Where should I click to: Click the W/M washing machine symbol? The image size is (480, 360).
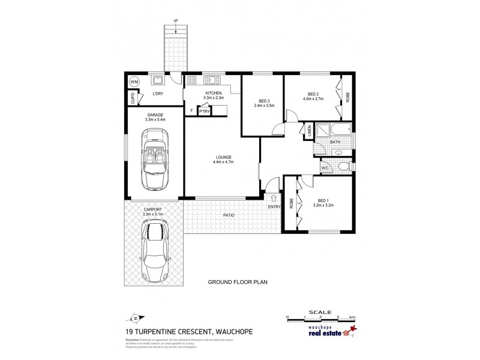click(x=134, y=82)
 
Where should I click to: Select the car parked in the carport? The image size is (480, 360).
click(x=155, y=249)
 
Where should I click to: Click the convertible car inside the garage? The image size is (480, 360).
click(x=154, y=160)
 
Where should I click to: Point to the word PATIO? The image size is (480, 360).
click(x=229, y=215)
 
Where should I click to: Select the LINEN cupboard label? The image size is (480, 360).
click(x=309, y=131)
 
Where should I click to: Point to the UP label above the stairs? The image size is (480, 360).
click(x=176, y=21)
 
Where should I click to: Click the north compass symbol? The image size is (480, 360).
click(x=135, y=318)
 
